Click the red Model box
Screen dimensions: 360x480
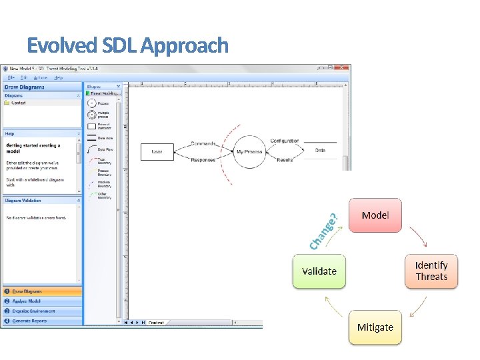375,215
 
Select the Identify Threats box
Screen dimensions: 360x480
431,271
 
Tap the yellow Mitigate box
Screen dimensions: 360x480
375,327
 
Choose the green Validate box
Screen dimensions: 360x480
319,271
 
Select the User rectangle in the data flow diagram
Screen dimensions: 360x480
157,152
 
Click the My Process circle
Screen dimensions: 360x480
250,152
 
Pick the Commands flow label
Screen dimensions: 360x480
203,143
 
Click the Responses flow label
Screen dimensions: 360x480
203,160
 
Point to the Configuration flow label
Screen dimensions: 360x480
285,141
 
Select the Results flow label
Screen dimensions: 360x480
285,160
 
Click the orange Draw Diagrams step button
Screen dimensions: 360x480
42,291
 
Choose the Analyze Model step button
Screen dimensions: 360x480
42,301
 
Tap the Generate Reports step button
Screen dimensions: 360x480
42,321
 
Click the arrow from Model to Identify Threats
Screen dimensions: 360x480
418,236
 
